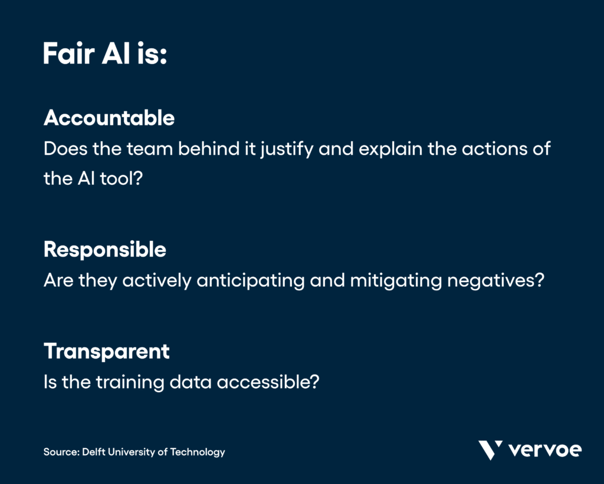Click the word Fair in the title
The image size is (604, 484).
pos(65,55)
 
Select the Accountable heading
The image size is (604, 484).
pos(109,118)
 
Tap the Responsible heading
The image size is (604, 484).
pos(105,250)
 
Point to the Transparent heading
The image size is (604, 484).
pos(107,352)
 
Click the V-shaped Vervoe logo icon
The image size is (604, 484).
pos(490,450)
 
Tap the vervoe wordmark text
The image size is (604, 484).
pos(544,450)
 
